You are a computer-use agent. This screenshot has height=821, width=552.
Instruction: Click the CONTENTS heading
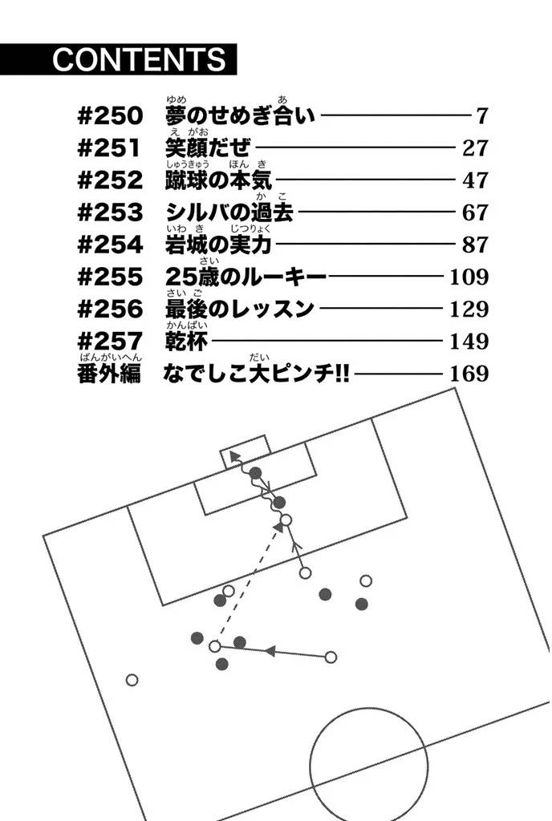(x=139, y=59)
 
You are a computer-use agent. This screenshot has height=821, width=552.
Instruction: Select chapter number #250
(x=110, y=115)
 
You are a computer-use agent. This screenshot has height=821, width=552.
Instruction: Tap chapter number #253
(x=110, y=212)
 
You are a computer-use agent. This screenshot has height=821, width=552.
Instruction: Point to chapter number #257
(x=110, y=342)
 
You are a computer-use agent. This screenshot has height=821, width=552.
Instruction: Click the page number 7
(x=482, y=115)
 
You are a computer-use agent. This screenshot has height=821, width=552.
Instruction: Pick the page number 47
(x=475, y=180)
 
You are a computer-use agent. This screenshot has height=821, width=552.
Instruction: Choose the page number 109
(x=469, y=277)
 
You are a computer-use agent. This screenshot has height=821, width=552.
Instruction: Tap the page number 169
(x=469, y=374)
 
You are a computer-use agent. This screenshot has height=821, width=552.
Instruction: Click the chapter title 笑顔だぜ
(x=207, y=148)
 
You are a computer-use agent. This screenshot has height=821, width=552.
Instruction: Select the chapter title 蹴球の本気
(x=218, y=180)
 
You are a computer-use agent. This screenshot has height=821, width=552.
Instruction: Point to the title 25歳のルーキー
(x=245, y=277)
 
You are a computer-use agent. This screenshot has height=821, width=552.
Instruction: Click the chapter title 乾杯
(x=186, y=342)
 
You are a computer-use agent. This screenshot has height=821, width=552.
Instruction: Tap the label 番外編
(x=109, y=374)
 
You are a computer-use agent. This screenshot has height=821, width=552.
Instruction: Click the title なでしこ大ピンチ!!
(x=256, y=374)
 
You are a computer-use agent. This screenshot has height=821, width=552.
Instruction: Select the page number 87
(x=475, y=245)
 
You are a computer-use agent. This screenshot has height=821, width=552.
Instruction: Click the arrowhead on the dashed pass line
(x=278, y=528)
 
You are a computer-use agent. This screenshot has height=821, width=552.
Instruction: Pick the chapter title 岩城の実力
(x=218, y=245)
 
